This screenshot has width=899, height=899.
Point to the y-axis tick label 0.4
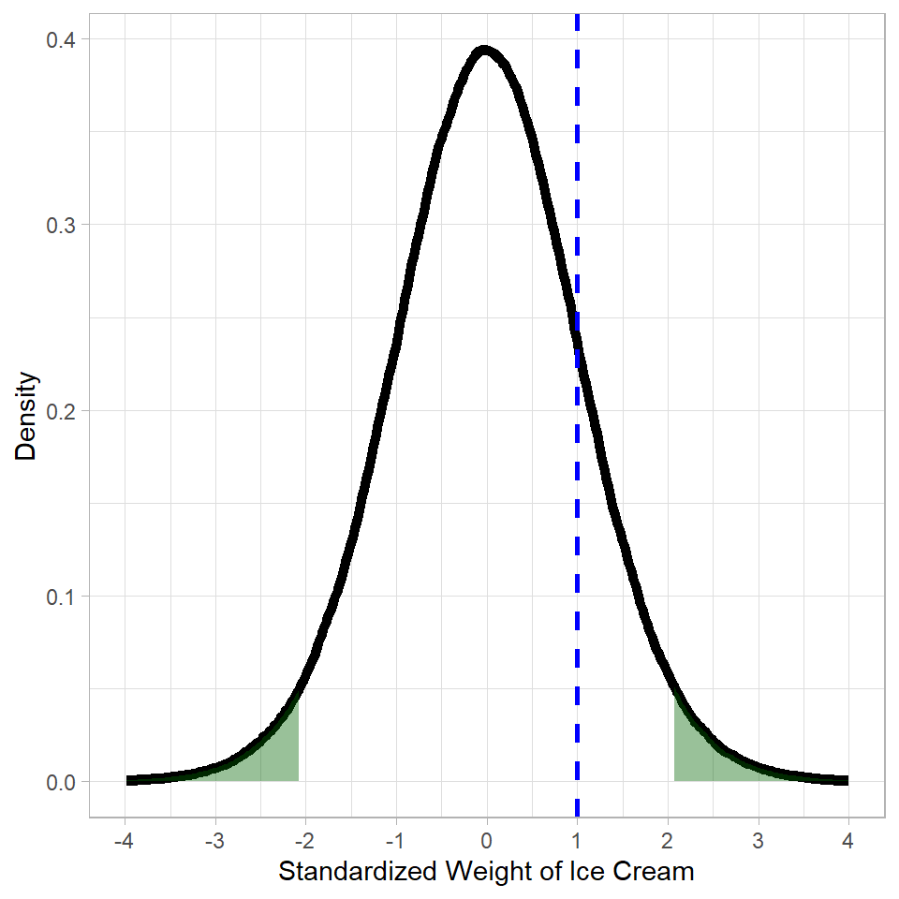tap(64, 39)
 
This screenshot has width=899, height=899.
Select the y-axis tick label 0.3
tap(64, 225)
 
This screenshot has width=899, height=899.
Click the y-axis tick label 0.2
tap(64, 410)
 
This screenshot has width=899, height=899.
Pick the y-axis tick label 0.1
tap(64, 596)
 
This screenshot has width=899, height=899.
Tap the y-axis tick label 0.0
tap(64, 781)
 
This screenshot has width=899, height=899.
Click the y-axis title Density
tap(27, 417)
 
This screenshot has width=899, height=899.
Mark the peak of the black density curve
tap(484, 51)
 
